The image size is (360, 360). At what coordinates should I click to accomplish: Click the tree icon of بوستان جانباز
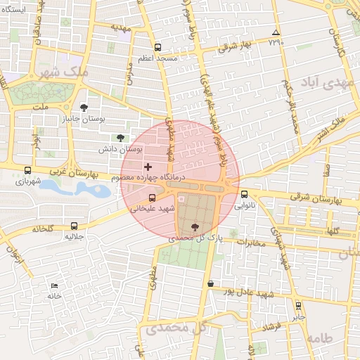pos(84,108)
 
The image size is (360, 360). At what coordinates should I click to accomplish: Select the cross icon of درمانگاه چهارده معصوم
pos(148,167)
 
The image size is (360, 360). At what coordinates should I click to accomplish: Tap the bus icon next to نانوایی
pos(244,195)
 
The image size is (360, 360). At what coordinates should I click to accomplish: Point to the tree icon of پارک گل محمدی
pos(195,226)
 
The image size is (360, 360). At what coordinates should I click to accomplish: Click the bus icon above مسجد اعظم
pos(157,48)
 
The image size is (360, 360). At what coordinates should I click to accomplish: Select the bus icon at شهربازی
pos(27,169)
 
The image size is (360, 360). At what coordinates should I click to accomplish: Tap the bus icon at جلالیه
pos(75,226)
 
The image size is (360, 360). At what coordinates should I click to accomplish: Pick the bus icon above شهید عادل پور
pos(210,283)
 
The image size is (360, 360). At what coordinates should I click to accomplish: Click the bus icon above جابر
pos(299,306)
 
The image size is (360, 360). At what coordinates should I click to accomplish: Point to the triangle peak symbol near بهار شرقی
pos(276,32)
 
